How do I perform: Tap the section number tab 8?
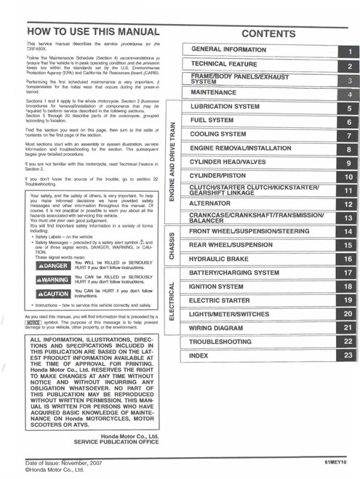(x=349, y=149)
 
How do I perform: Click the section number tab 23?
(x=348, y=355)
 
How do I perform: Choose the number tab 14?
(x=348, y=231)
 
